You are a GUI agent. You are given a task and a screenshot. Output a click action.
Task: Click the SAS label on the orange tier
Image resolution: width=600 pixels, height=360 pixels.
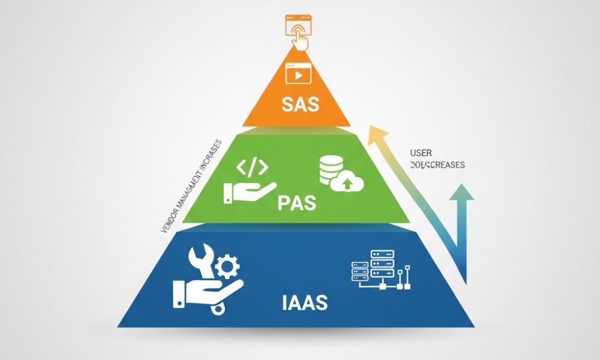point(299,107)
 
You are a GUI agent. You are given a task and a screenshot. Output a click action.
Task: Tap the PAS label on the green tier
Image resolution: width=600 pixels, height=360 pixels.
point(297,203)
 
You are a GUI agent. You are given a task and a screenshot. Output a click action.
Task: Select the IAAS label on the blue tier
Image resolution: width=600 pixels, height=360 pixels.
point(305,302)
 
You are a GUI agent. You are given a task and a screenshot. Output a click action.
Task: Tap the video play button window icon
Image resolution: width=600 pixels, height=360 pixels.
point(298,74)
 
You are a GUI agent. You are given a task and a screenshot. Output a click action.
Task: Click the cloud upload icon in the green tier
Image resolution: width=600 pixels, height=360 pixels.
point(348,180)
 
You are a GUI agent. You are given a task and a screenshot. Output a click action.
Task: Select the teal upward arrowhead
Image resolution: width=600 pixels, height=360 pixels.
point(461,193)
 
